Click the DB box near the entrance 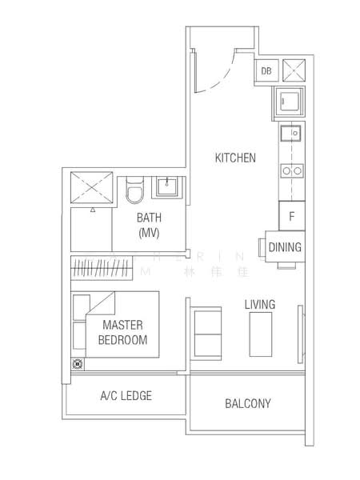tap(266, 71)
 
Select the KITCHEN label tap(235, 158)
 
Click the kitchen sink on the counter tap(291, 134)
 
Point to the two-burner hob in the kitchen tap(291, 170)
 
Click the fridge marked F tap(292, 216)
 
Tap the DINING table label tap(285, 247)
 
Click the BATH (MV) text tap(149, 225)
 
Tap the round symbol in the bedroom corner tap(78, 364)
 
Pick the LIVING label tap(259, 304)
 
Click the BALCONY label tap(247, 404)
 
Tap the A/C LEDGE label tap(126, 395)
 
